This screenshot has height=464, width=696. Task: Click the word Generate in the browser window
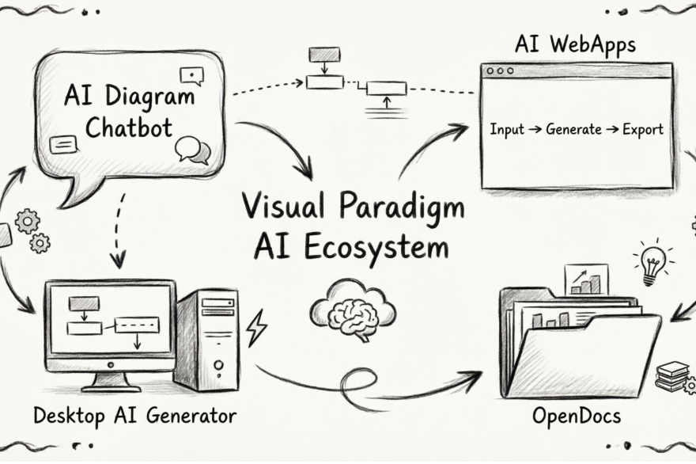573,129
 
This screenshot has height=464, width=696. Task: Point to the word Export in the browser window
642,129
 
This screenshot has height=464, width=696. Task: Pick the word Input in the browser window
507,129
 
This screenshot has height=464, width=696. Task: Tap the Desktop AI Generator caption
134,415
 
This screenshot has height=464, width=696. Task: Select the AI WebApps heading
574,46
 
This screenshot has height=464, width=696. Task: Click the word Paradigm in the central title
401,207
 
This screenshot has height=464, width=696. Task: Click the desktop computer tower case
208,339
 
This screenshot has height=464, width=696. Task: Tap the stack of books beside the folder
672,375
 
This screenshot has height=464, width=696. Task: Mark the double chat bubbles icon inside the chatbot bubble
192,149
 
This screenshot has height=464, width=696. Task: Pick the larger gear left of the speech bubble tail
28,220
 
